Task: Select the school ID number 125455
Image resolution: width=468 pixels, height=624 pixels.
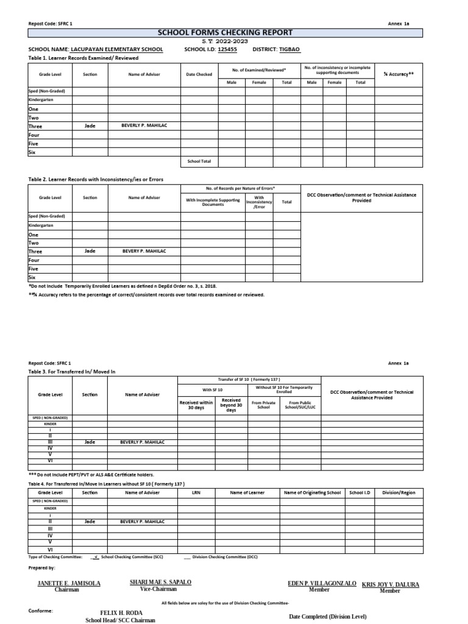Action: [x=227, y=49]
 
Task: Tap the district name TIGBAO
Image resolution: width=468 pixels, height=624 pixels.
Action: [x=289, y=49]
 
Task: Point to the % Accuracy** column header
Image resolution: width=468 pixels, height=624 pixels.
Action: [x=399, y=74]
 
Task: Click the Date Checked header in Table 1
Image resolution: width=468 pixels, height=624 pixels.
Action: [x=199, y=74]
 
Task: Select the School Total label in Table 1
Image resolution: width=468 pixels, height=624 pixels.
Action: [x=199, y=161]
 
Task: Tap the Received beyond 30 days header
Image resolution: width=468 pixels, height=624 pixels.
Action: [x=231, y=405]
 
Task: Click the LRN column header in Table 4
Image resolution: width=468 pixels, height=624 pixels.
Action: [x=196, y=492]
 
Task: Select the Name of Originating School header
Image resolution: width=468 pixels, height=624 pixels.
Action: [x=312, y=492]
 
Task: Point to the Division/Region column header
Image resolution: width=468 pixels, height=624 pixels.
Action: [x=399, y=492]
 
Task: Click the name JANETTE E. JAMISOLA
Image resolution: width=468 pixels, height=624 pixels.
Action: [x=69, y=583]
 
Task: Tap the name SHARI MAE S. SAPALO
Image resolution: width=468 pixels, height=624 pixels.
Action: [x=160, y=582]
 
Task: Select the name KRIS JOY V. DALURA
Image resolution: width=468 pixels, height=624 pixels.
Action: [x=390, y=584]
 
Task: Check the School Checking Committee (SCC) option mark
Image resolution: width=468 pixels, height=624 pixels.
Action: [x=96, y=557]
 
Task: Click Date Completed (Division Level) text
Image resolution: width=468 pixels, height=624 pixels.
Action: [x=328, y=617]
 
